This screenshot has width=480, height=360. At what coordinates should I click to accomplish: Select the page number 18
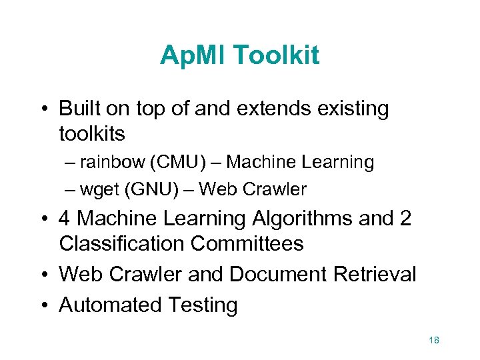pyautogui.click(x=434, y=341)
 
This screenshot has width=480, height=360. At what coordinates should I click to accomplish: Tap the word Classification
pyautogui.click(x=121, y=244)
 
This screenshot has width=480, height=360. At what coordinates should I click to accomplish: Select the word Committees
pyautogui.click(x=247, y=244)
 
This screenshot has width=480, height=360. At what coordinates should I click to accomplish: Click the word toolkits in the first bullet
pyautogui.click(x=92, y=133)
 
